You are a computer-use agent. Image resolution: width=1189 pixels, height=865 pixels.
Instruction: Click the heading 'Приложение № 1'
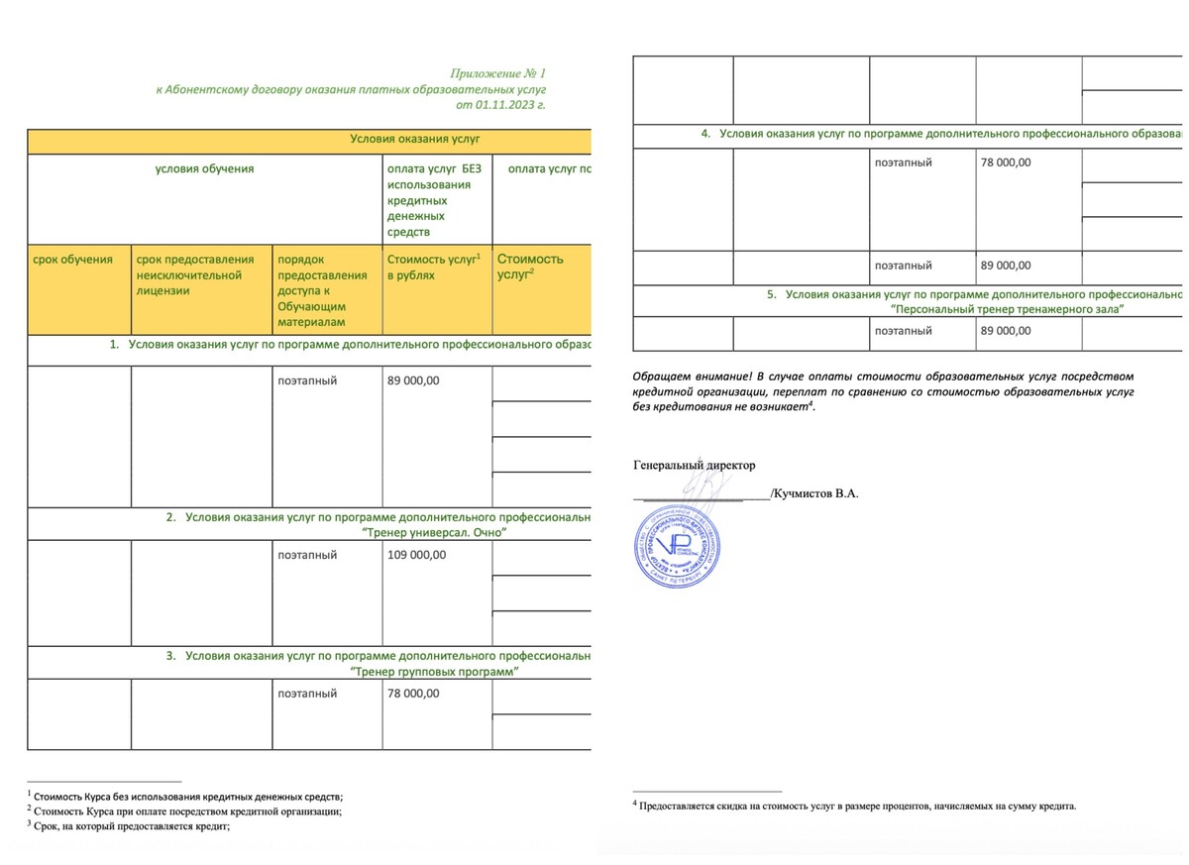(x=497, y=73)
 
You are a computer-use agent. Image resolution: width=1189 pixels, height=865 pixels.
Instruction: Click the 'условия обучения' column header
(x=204, y=168)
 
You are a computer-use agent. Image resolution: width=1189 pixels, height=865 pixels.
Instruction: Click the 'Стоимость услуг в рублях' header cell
(x=433, y=267)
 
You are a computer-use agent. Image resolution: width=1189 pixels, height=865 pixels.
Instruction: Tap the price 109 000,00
(x=417, y=555)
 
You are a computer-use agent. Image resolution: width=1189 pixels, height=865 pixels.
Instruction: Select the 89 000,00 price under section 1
(x=414, y=380)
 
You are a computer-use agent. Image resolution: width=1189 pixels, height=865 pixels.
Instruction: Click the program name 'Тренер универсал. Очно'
(x=435, y=533)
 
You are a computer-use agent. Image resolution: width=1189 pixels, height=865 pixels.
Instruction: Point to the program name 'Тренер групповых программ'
(x=436, y=671)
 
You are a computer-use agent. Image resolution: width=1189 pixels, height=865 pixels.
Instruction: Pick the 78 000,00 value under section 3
(x=414, y=694)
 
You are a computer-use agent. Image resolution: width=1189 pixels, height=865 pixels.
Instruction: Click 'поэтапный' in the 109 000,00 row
(x=307, y=555)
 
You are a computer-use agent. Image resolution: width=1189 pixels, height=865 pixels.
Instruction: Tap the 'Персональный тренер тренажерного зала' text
(x=1008, y=309)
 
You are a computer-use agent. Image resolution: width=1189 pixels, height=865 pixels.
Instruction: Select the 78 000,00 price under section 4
(x=1007, y=162)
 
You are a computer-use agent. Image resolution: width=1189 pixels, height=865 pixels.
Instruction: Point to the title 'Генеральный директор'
(x=694, y=465)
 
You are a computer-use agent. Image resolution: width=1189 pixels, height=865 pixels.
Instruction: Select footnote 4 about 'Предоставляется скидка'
(x=856, y=806)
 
